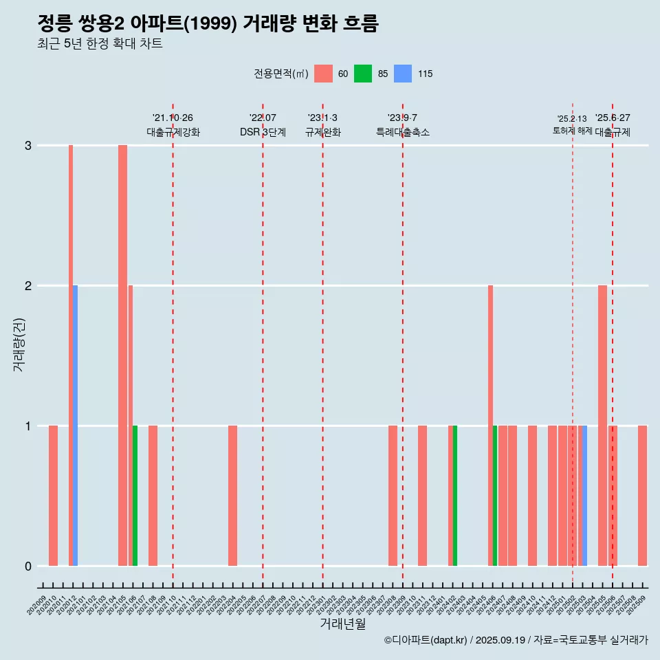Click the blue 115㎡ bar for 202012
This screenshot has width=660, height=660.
tap(75, 426)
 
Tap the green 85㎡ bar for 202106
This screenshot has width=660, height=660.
tap(135, 496)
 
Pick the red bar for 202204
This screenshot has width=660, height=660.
tap(232, 496)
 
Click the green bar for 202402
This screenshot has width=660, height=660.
tap(455, 496)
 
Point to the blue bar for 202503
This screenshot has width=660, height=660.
tap(584, 496)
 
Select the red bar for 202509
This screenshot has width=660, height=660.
tap(642, 496)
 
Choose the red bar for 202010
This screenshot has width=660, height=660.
tap(53, 496)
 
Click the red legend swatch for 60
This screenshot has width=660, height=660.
tap(323, 74)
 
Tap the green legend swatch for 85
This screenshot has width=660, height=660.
tap(363, 74)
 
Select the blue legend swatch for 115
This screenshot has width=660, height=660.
tap(403, 74)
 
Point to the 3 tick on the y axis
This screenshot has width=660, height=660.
tap(28, 146)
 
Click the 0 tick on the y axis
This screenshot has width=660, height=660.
tap(28, 566)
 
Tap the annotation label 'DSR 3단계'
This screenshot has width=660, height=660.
tap(263, 132)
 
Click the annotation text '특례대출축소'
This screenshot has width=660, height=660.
tap(403, 132)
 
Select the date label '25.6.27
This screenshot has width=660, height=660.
tap(613, 118)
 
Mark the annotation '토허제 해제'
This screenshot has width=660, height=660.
tap(573, 131)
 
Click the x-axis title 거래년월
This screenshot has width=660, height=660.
tap(342, 624)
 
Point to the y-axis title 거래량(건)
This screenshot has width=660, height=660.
tap(19, 344)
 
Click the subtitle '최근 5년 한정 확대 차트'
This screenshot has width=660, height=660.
tap(100, 44)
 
